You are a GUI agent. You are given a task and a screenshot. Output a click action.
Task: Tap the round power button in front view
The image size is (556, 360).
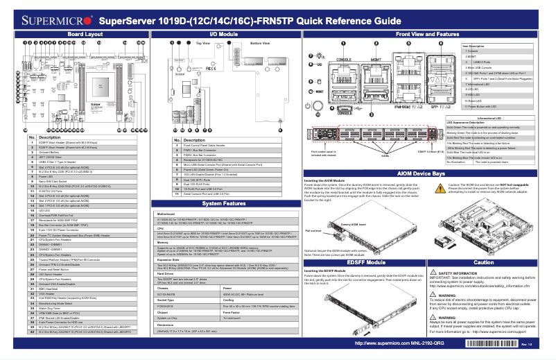(x=309, y=105)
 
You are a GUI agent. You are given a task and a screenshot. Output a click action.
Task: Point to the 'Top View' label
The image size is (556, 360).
(x=202, y=43)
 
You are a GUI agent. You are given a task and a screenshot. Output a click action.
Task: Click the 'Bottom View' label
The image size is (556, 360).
(x=260, y=43)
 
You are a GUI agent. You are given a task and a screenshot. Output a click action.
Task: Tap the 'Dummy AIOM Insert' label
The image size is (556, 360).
(x=354, y=205)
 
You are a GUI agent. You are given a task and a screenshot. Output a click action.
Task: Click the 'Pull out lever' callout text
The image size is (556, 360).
(x=313, y=210)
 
